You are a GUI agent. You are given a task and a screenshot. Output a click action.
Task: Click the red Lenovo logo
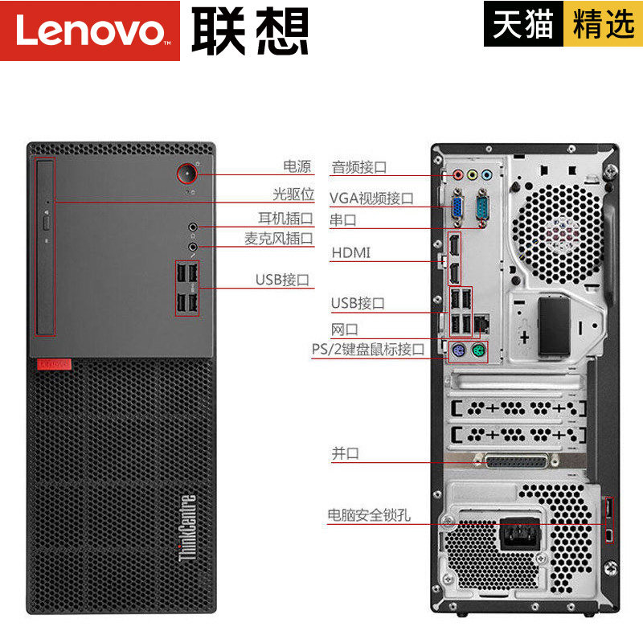89,31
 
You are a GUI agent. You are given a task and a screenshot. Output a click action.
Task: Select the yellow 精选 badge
604,24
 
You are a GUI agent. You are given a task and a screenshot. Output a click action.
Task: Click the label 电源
297,167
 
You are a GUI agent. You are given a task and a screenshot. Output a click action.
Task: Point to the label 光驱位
291,194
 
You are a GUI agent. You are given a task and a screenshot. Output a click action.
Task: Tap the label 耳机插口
285,218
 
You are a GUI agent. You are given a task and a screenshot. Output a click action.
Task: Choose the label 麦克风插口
279,239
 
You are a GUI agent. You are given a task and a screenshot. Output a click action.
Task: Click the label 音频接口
359,167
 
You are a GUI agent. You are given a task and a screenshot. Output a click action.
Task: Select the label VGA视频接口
371,198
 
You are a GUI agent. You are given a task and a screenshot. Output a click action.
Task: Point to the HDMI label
351,253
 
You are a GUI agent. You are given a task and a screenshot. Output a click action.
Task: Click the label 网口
344,329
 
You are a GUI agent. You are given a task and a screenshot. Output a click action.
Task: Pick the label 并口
345,453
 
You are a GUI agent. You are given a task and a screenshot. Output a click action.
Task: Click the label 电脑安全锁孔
368,515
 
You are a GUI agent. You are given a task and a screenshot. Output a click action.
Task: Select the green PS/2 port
478,350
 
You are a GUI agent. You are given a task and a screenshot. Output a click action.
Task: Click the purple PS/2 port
457,350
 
